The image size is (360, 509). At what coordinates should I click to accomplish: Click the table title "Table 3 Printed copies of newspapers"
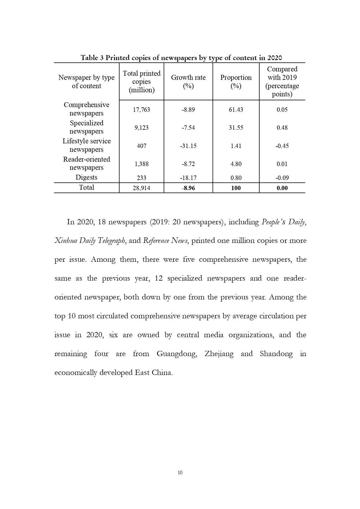coord(181,58)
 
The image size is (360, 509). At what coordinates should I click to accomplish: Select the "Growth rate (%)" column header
coord(188,82)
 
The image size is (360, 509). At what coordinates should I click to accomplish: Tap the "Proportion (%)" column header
coord(236,82)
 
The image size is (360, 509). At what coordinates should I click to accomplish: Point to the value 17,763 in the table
coord(142,110)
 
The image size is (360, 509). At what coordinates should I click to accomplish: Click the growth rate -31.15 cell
coord(188,146)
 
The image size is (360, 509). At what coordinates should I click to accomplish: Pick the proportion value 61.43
coord(236,110)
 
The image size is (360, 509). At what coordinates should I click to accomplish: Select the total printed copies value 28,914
coord(142,188)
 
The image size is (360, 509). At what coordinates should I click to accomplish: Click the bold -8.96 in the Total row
coord(188,188)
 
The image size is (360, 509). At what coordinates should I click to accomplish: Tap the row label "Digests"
coord(86,177)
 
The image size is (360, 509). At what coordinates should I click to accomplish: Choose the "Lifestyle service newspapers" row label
coord(86,145)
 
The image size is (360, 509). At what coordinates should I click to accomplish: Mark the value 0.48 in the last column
coord(282,128)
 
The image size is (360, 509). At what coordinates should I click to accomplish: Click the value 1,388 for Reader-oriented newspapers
coord(142,164)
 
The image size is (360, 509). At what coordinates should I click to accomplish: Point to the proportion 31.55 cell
coord(236,128)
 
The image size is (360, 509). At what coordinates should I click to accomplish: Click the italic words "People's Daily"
coord(283,222)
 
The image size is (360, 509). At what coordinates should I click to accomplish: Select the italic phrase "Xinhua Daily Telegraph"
coord(90,241)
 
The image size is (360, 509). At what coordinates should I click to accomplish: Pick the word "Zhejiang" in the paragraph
coord(219,354)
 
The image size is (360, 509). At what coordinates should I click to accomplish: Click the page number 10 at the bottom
coord(180,473)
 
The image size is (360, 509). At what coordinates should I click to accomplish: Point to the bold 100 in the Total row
coord(236,188)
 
